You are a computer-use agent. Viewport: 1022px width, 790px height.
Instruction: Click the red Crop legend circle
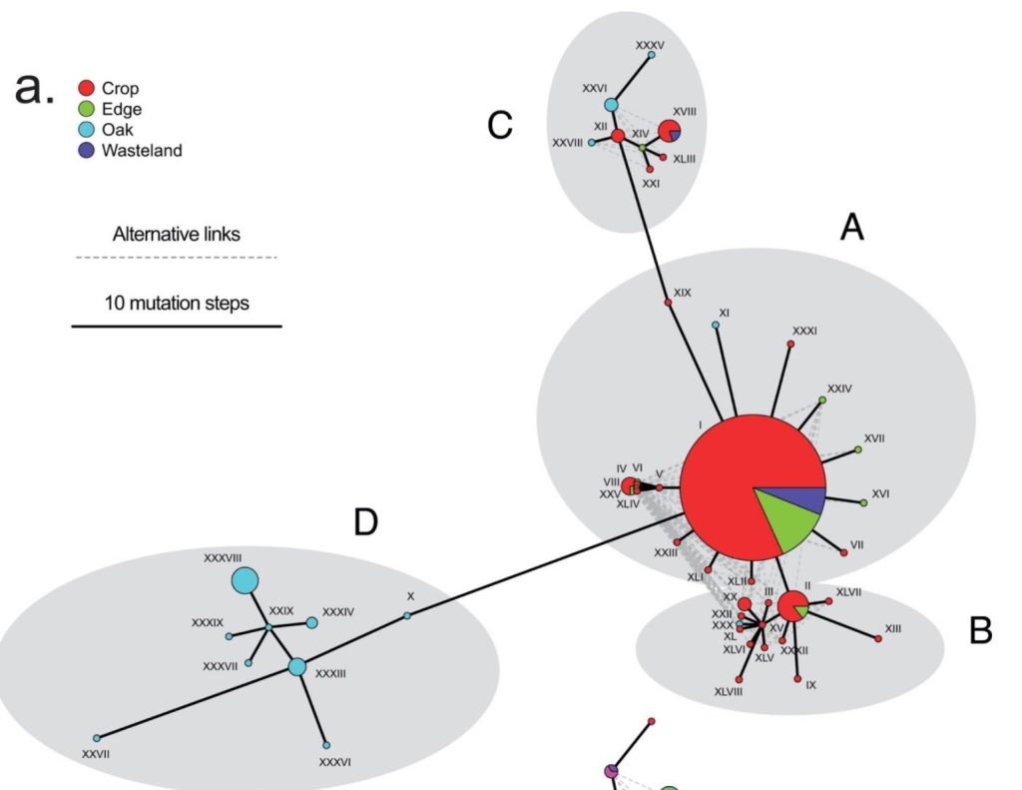[x=86, y=89]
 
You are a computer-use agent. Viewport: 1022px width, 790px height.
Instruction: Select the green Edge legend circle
[x=86, y=110]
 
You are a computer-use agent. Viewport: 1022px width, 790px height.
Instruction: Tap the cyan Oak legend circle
[x=86, y=130]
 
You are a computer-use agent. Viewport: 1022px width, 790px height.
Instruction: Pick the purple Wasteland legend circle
[x=86, y=151]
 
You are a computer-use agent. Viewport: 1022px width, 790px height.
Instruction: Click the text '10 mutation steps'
[x=177, y=303]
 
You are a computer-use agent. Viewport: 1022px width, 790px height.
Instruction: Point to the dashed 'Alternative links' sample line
[x=176, y=258]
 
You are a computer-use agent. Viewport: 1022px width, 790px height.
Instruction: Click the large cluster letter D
[x=366, y=521]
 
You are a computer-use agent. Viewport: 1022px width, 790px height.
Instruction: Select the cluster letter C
[x=500, y=125]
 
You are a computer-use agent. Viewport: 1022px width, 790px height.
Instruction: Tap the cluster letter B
[x=980, y=631]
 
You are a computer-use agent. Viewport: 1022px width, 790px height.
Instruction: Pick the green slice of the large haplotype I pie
[x=793, y=522]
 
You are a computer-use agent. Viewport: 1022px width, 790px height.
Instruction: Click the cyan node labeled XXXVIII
[x=245, y=580]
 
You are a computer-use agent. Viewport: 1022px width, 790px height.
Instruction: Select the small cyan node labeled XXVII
[x=97, y=738]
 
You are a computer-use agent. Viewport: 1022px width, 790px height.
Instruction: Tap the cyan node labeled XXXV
[x=651, y=56]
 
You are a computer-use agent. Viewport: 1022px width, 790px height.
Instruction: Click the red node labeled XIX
[x=667, y=301]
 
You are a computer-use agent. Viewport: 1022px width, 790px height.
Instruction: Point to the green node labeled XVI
[x=863, y=502]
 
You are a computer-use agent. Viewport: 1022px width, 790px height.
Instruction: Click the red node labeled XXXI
[x=791, y=345]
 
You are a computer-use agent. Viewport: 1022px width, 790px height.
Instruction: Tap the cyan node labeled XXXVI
[x=326, y=745]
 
